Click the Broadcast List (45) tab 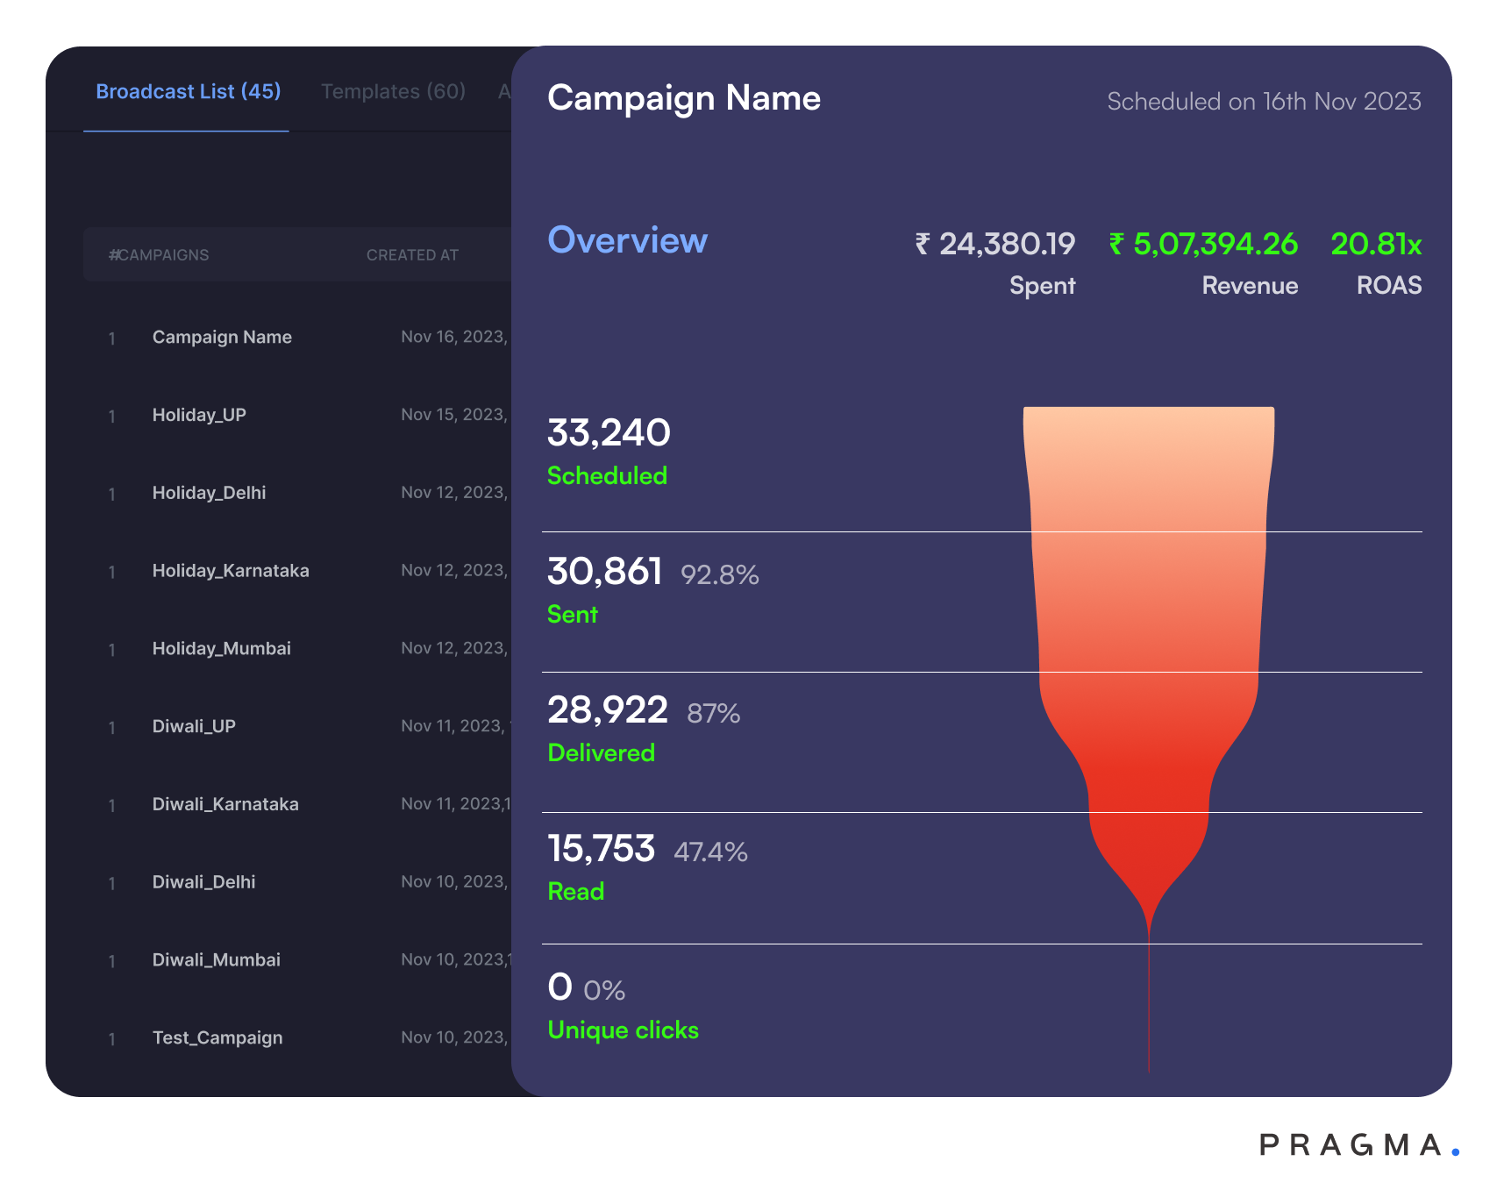(x=188, y=92)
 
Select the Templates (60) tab (x=393, y=92)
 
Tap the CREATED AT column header (x=412, y=255)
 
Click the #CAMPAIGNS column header (x=159, y=255)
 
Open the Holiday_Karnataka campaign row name (x=231, y=571)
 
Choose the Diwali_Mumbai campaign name (x=217, y=960)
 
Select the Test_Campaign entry (x=217, y=1038)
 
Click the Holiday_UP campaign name (x=199, y=415)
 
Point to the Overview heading (x=627, y=240)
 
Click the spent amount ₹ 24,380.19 (x=995, y=244)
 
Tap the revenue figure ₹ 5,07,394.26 (x=1203, y=244)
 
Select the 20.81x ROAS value (x=1376, y=244)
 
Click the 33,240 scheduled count (x=609, y=432)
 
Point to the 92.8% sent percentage (x=719, y=575)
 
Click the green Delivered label (x=601, y=753)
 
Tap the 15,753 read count (x=601, y=849)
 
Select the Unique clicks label (x=623, y=1030)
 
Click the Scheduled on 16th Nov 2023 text (x=1264, y=102)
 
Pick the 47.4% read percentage (x=710, y=852)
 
